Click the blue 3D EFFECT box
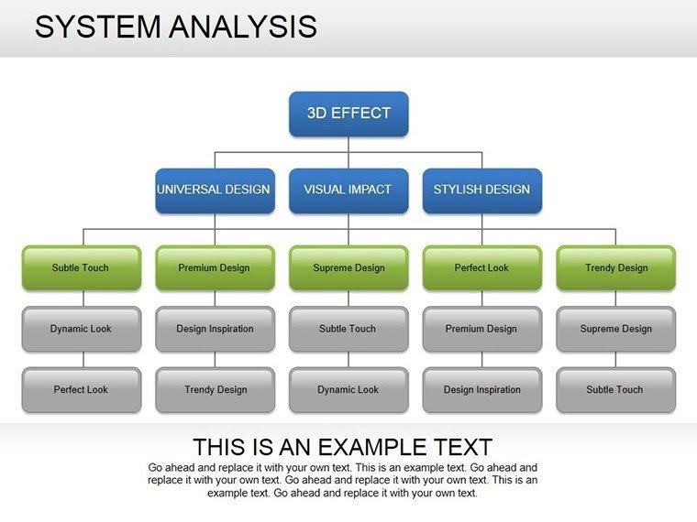click(x=348, y=114)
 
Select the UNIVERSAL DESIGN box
click(x=215, y=190)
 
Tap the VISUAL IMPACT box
click(x=348, y=190)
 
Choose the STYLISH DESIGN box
click(x=481, y=190)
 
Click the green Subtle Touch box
click(x=81, y=268)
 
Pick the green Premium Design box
click(x=215, y=268)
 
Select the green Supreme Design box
click(x=348, y=268)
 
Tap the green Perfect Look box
click(x=481, y=268)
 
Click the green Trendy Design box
click(x=615, y=268)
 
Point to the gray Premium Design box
click(x=481, y=329)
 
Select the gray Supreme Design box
click(x=615, y=329)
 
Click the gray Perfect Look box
click(x=81, y=389)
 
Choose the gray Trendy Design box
click(x=215, y=389)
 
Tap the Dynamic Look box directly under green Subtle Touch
click(x=81, y=329)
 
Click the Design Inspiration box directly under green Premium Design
click(x=215, y=329)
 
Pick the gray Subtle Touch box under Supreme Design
click(x=348, y=329)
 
